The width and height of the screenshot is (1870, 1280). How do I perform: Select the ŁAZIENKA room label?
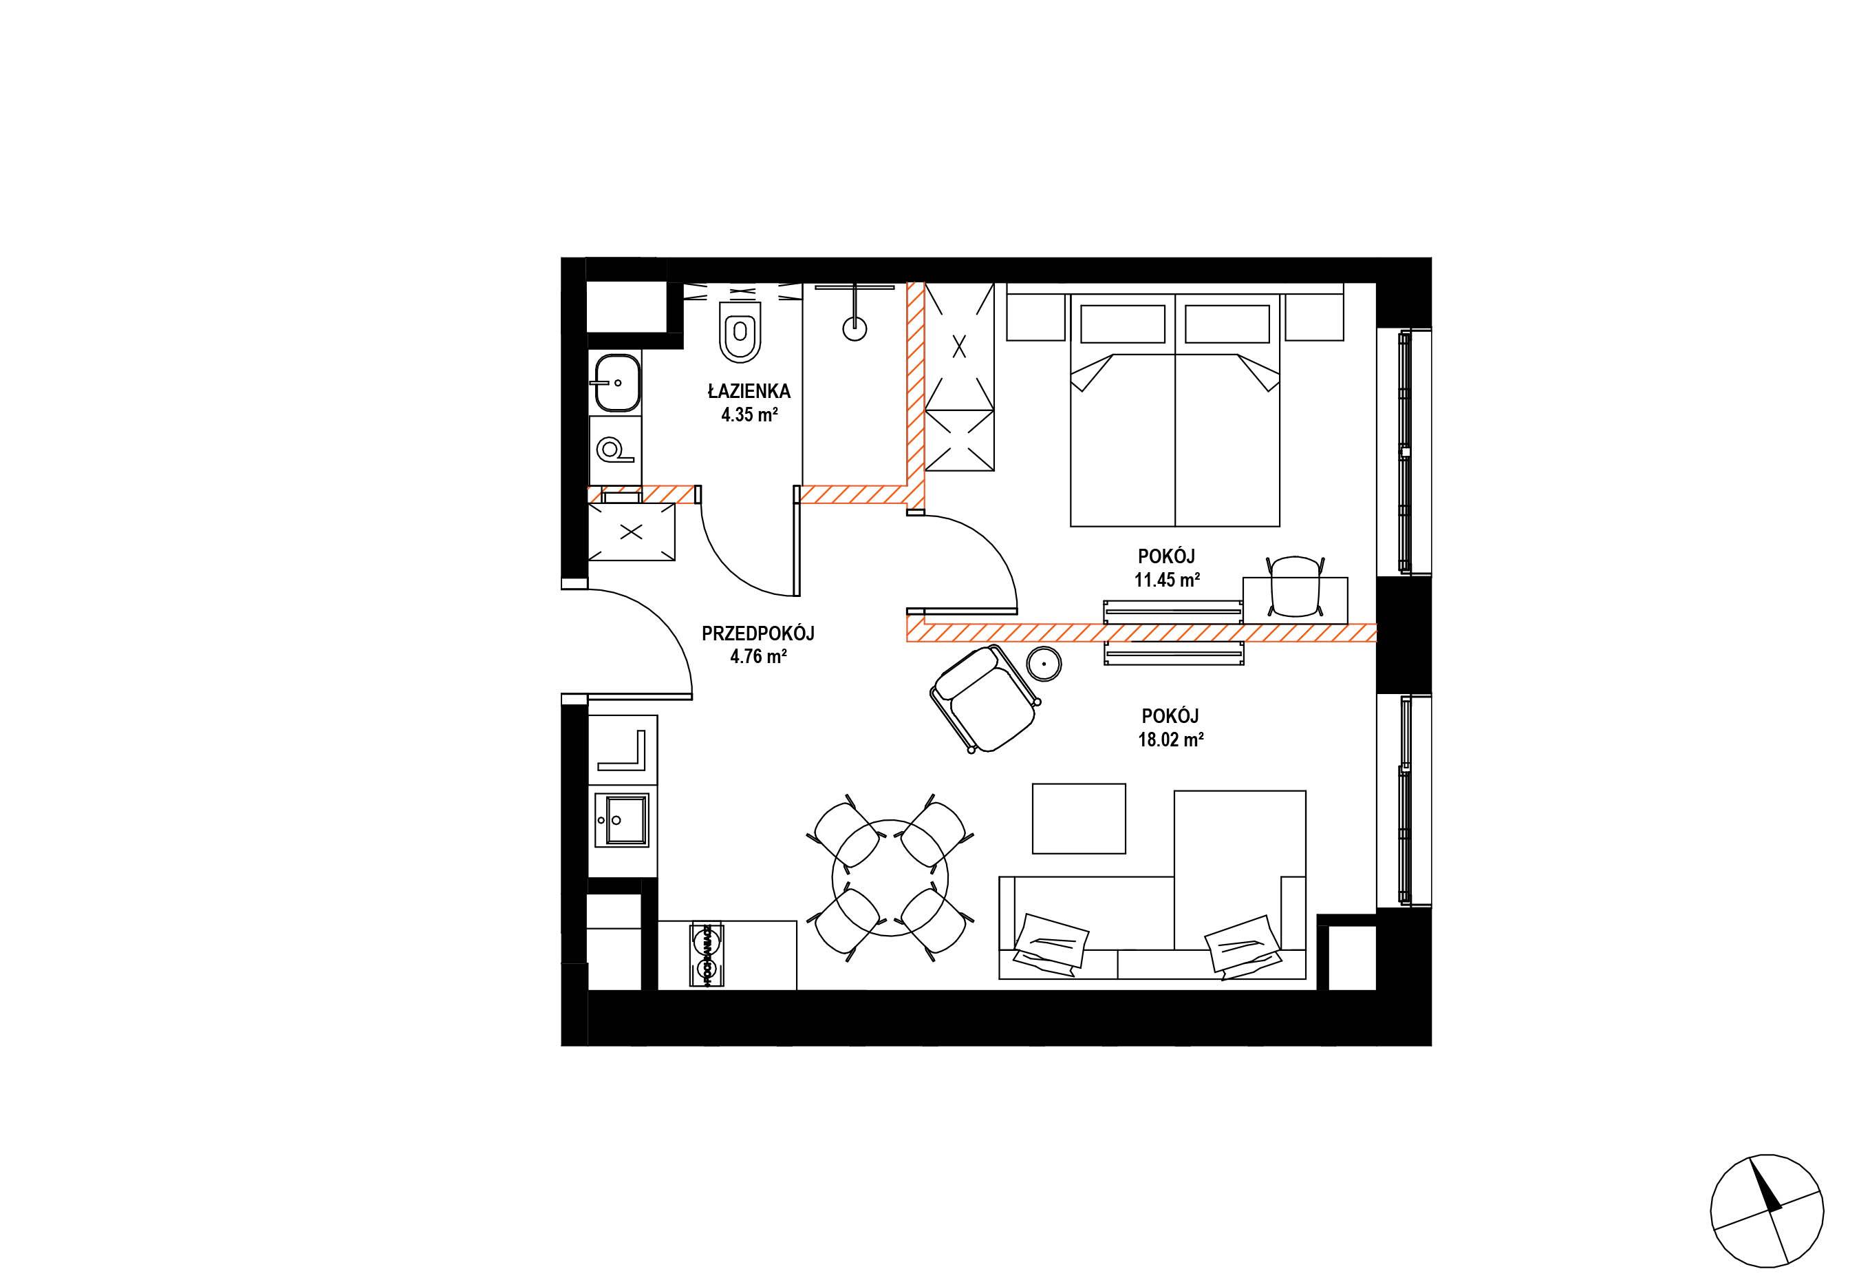coord(749,392)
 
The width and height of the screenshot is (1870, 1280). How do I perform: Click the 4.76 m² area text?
coord(758,656)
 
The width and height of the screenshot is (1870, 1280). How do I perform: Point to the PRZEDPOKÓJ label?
coord(758,633)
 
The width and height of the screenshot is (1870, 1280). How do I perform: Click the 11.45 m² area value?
coord(1168,579)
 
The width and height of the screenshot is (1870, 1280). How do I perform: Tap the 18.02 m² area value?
coord(1171,739)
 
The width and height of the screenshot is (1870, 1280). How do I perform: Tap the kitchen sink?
coord(622,819)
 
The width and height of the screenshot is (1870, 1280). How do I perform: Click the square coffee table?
coord(1079,818)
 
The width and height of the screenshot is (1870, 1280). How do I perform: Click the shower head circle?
coord(855,327)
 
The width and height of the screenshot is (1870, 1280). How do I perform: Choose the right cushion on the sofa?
coord(1243,947)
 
